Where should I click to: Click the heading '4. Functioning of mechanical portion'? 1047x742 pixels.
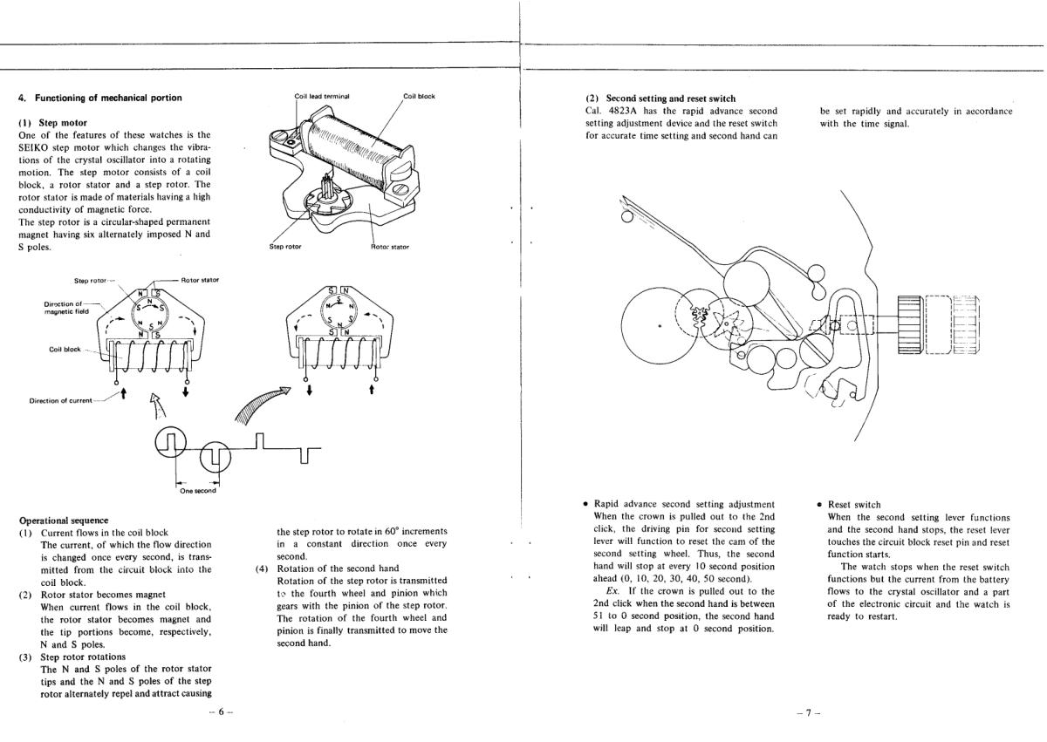(100, 98)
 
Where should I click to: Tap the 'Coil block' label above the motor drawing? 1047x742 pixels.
(419, 96)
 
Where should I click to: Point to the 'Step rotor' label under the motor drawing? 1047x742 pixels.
(285, 247)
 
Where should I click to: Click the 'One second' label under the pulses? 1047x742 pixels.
(198, 490)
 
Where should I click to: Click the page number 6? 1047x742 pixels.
(216, 712)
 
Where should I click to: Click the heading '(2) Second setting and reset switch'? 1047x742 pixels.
(660, 99)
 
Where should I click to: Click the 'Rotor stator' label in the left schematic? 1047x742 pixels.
(200, 280)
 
